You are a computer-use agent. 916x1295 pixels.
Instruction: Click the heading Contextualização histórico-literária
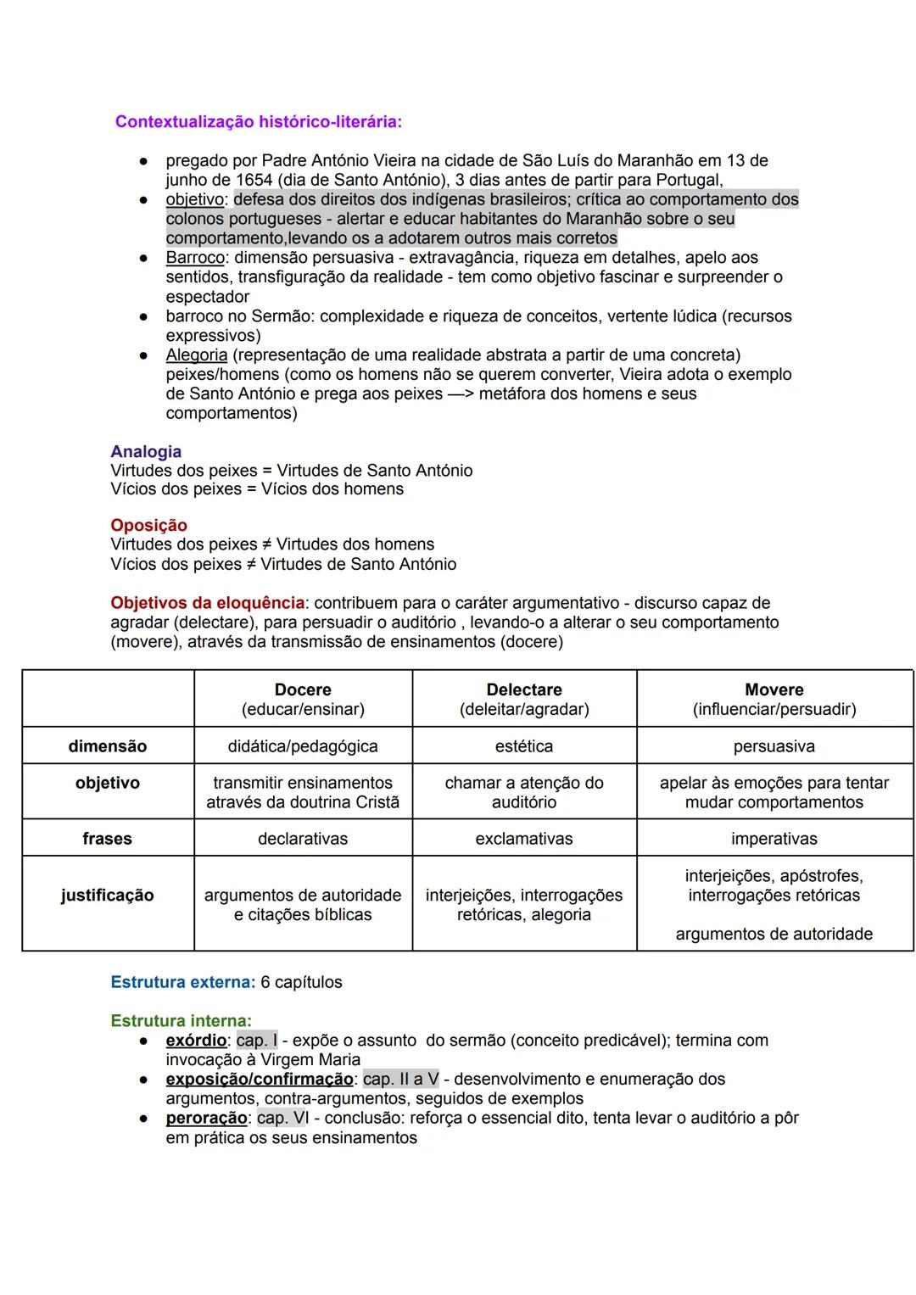tap(258, 121)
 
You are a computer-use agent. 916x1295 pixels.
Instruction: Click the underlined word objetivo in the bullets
tap(195, 199)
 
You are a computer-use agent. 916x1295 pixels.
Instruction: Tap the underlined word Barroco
tap(195, 258)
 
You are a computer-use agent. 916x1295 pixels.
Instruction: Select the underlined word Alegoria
tap(196, 355)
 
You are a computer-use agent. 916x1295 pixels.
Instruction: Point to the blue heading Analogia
tap(146, 452)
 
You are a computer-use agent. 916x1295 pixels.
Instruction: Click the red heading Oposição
tap(148, 526)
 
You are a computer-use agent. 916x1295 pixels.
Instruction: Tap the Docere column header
tap(303, 690)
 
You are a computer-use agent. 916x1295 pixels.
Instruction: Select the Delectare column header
tap(523, 690)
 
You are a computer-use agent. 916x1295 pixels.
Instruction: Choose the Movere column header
tap(774, 690)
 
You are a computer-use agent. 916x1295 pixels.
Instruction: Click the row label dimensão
tap(107, 746)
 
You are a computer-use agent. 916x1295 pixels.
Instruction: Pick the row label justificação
tap(107, 896)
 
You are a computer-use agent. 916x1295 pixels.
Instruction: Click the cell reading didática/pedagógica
tap(303, 746)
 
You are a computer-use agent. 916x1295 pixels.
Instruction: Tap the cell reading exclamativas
tap(523, 839)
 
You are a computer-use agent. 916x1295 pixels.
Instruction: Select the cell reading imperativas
tap(774, 839)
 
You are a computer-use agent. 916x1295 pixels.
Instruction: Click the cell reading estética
tap(523, 746)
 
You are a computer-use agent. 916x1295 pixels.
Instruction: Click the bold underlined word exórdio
tap(196, 1041)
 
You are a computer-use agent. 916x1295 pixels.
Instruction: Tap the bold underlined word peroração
tap(206, 1119)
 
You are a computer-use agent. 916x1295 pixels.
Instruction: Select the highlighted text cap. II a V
tap(400, 1080)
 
